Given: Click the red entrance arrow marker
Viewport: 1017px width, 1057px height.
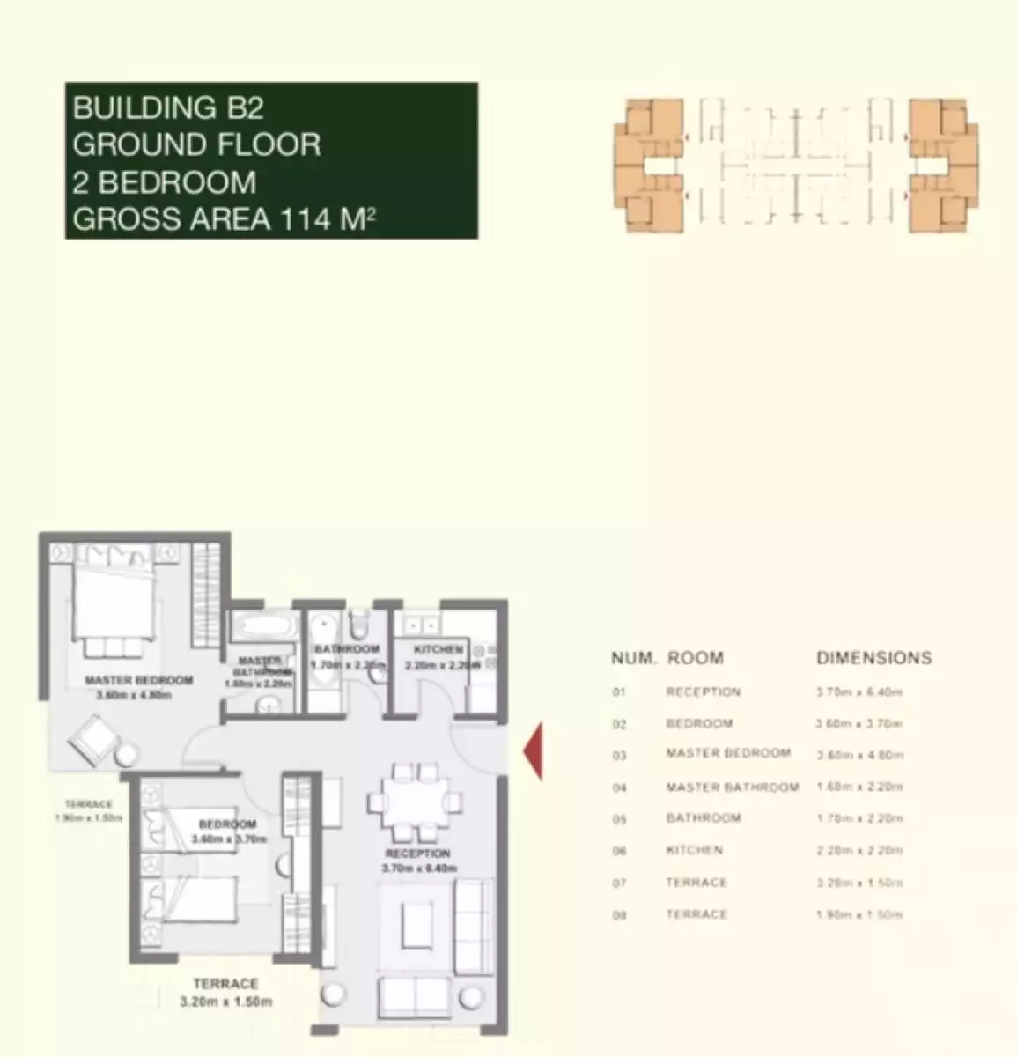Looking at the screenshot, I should [534, 750].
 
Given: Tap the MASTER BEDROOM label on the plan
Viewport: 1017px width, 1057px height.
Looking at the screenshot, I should [138, 681].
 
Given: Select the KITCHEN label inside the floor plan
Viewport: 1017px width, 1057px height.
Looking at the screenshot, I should [438, 650].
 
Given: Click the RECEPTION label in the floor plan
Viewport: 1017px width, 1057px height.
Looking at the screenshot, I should [417, 854].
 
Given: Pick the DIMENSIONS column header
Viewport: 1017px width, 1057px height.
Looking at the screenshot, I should [873, 658].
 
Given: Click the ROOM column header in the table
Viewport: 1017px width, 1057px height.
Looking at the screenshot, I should [695, 658].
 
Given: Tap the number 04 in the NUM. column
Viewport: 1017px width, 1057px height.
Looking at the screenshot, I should [619, 787].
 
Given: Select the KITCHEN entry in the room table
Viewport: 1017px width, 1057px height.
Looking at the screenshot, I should [694, 851].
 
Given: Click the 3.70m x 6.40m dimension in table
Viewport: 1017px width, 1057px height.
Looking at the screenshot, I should [859, 692].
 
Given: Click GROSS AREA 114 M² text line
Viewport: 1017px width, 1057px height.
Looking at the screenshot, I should [224, 218].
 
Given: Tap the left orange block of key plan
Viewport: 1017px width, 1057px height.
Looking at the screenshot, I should [649, 165].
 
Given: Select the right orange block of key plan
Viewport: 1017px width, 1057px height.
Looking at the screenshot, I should [943, 165].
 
